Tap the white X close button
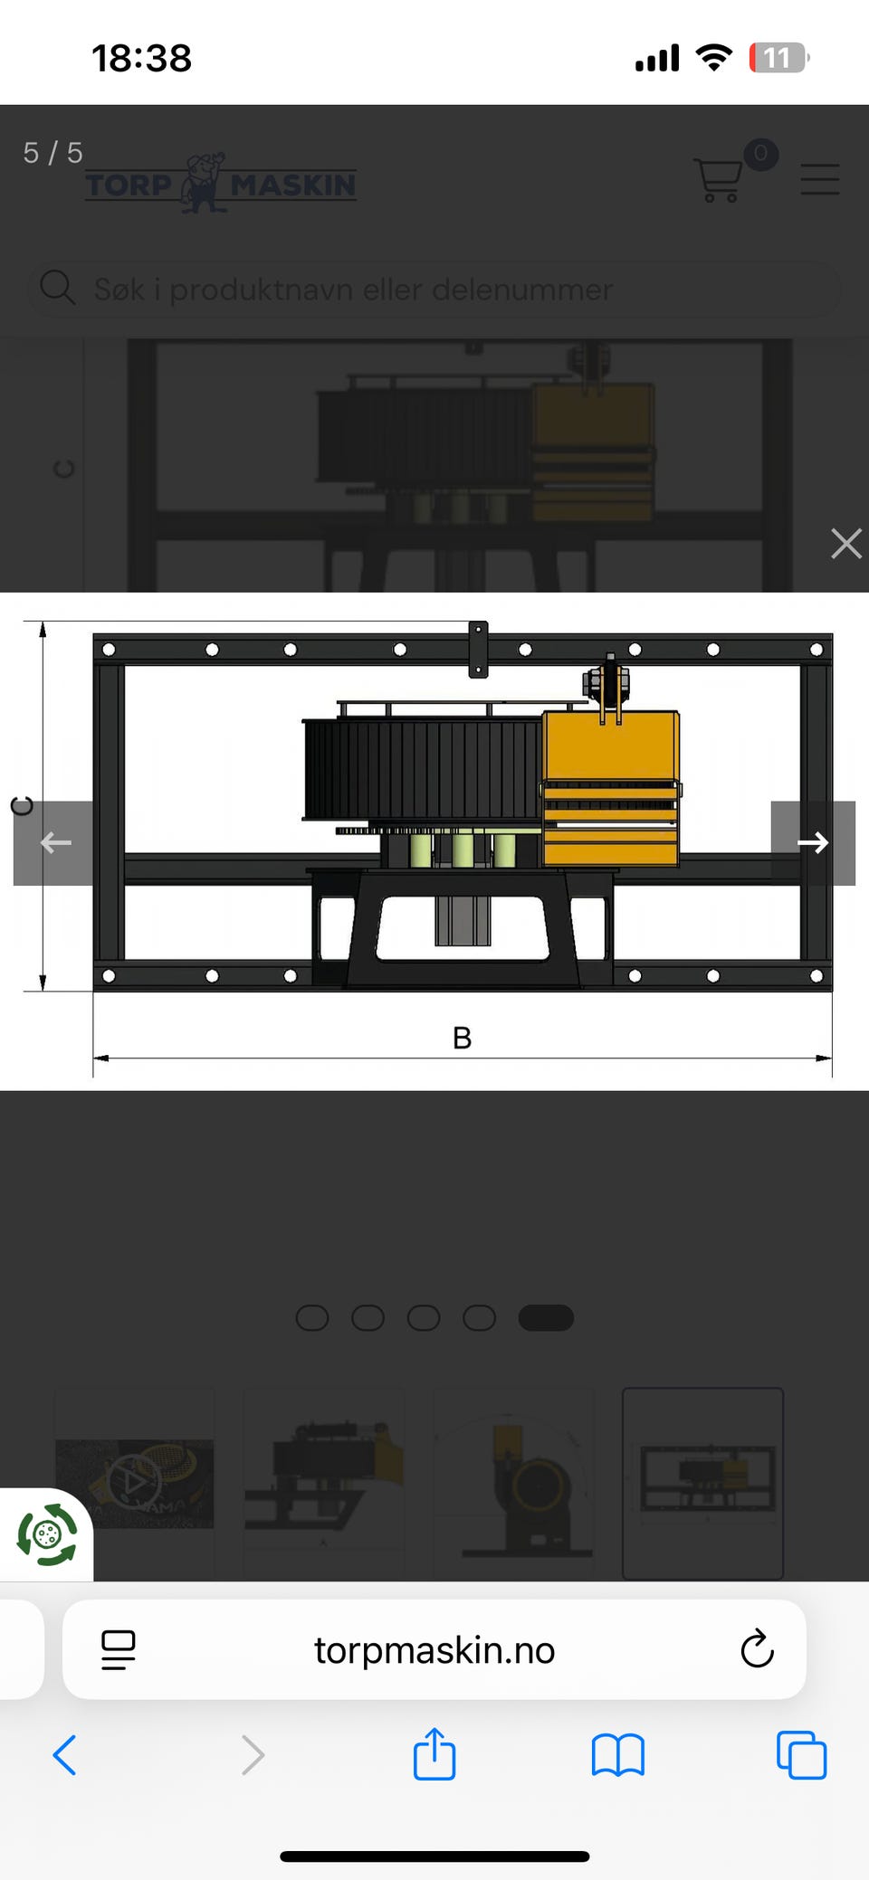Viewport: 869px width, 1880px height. coord(845,544)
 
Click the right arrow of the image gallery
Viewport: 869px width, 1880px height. coord(812,842)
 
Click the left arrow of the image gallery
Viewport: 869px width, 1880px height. coord(53,842)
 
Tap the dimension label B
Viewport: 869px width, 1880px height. coord(462,1038)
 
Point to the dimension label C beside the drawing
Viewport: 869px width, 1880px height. coord(22,805)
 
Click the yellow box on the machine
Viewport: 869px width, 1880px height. coord(611,788)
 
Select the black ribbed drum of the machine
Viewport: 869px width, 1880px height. coord(423,768)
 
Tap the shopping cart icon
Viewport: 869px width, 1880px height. coord(719,180)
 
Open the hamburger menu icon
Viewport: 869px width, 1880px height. coord(820,179)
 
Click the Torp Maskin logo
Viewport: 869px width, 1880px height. coord(221,183)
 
